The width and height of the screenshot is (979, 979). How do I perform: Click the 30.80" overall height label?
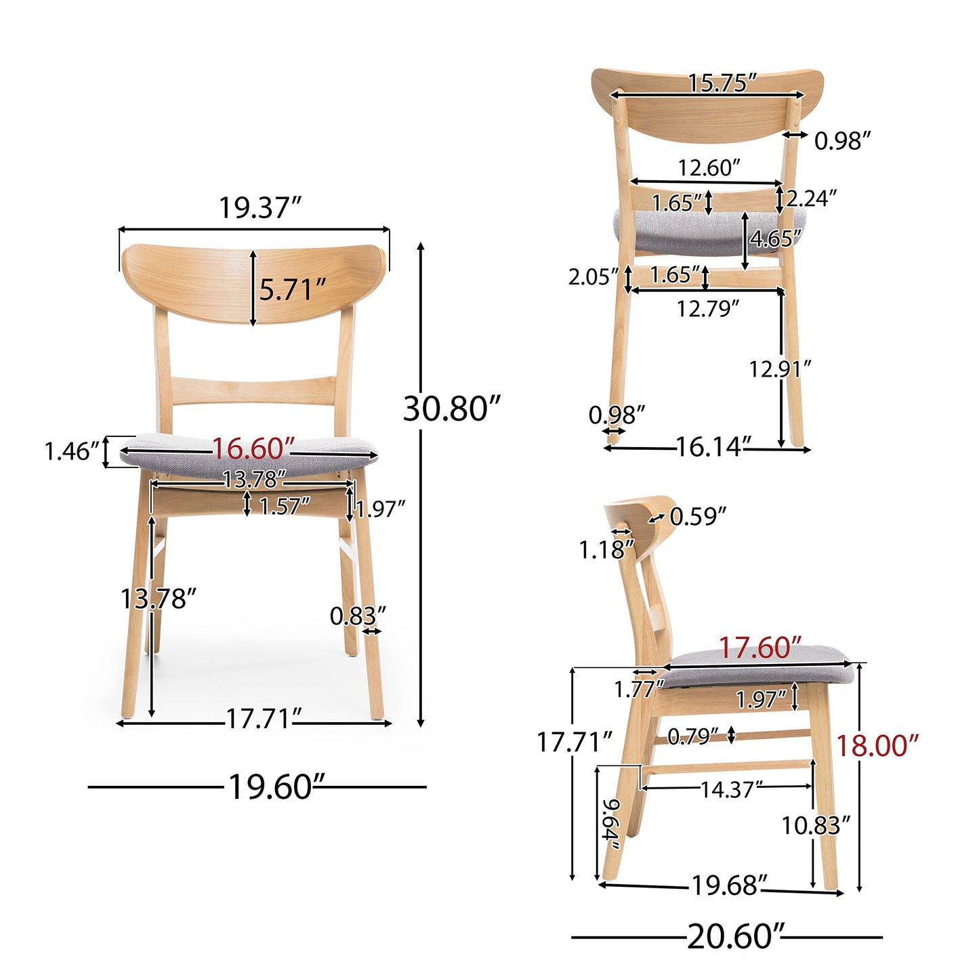click(x=452, y=409)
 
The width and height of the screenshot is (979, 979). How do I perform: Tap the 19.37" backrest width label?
click(x=260, y=208)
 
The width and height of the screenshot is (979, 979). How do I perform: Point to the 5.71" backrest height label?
click(x=292, y=290)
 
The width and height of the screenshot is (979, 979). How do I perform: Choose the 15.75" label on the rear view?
click(x=722, y=83)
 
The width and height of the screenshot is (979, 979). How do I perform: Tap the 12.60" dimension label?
click(x=709, y=167)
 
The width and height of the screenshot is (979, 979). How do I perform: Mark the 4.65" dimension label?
click(x=776, y=238)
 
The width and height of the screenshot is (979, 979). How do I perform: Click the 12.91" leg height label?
click(x=780, y=369)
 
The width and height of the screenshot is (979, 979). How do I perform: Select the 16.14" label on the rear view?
click(x=714, y=447)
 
